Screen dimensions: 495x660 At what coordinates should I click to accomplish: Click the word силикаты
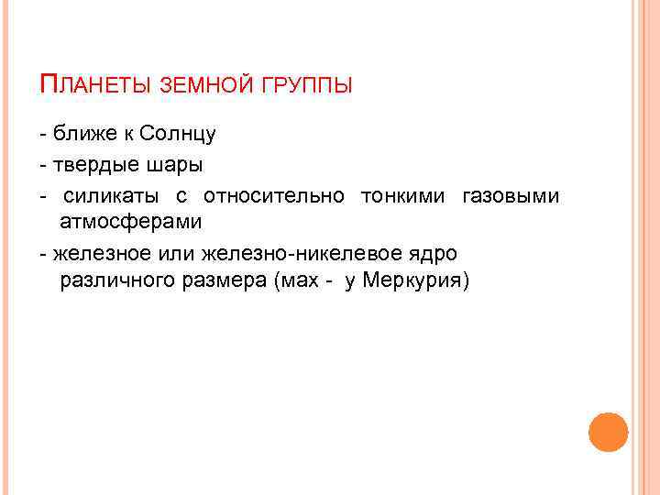(x=111, y=196)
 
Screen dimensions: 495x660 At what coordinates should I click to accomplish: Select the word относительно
(x=274, y=196)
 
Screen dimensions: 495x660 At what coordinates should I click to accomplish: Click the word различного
(x=113, y=280)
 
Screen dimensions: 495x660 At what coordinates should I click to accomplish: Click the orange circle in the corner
(x=608, y=432)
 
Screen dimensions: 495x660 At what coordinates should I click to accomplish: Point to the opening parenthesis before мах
(x=278, y=280)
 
